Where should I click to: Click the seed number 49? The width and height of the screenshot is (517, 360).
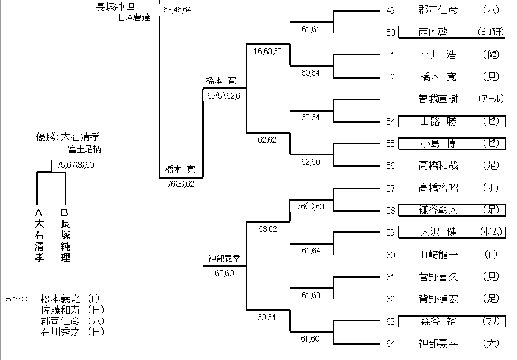point(390,10)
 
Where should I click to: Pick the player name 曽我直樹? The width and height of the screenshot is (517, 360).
point(438,99)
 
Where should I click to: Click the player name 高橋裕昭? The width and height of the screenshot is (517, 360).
point(438,188)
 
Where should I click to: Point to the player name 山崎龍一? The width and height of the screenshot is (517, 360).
point(438,255)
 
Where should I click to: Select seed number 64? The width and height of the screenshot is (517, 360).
point(390,343)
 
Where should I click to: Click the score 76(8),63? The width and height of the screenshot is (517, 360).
point(310,206)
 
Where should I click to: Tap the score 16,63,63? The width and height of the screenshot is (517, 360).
point(267,51)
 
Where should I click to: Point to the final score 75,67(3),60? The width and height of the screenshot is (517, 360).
point(76,165)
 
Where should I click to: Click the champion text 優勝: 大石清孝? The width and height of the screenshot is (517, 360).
point(66,137)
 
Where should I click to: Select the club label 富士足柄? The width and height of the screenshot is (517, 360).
point(83,149)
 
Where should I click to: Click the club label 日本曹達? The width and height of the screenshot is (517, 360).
point(134,17)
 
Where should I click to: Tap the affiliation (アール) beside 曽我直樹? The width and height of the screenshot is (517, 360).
point(490,99)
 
